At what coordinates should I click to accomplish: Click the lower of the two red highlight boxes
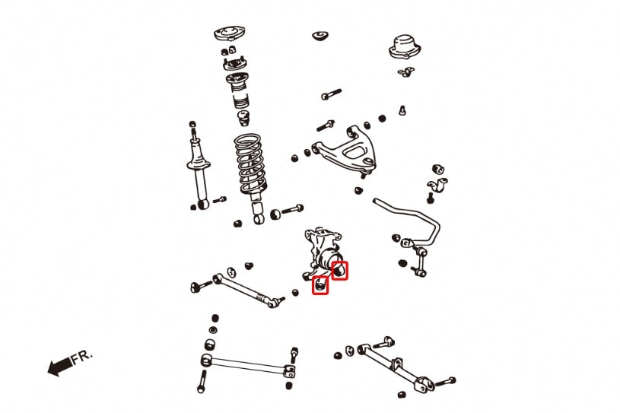pyautogui.click(x=320, y=285)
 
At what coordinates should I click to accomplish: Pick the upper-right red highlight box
pyautogui.click(x=340, y=269)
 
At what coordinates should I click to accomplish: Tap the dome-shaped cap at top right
pyautogui.click(x=405, y=47)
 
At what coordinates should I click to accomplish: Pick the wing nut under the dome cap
pyautogui.click(x=404, y=73)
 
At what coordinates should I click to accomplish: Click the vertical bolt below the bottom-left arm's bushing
pyautogui.click(x=202, y=381)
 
